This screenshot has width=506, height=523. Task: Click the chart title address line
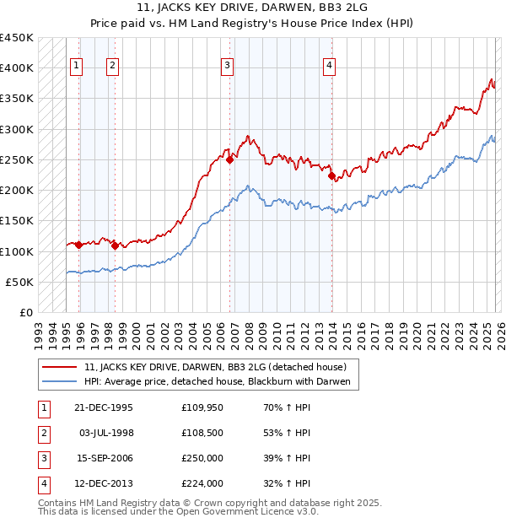(253, 9)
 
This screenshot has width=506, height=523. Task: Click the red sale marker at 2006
(229, 159)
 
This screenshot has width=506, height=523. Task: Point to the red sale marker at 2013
(331, 175)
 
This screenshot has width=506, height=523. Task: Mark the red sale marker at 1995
(78, 245)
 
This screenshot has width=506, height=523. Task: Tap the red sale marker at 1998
(114, 245)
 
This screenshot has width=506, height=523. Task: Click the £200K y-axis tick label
(17, 190)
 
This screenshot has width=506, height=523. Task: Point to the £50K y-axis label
(19, 282)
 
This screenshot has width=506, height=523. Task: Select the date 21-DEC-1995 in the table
(104, 407)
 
